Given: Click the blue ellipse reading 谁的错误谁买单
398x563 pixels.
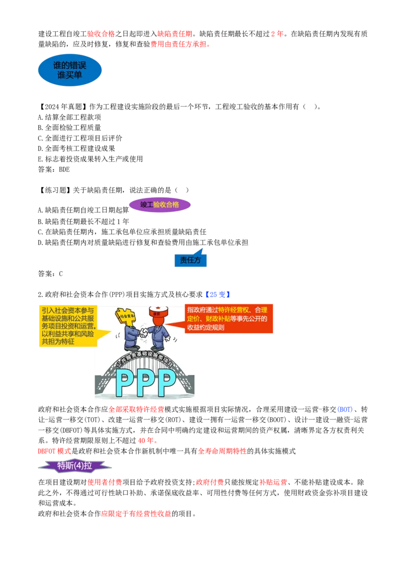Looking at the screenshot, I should coord(70,70).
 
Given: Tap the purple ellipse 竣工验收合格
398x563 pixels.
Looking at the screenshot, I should coord(159,204).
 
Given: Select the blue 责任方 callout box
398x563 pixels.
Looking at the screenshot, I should coord(191,260).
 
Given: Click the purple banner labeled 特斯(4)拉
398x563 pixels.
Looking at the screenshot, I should coord(75,466).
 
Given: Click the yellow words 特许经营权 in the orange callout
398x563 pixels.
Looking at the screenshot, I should coord(232,310).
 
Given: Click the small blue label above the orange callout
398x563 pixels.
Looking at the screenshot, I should coord(217,294).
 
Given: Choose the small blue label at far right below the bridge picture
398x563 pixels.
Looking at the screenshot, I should coord(345,410).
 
